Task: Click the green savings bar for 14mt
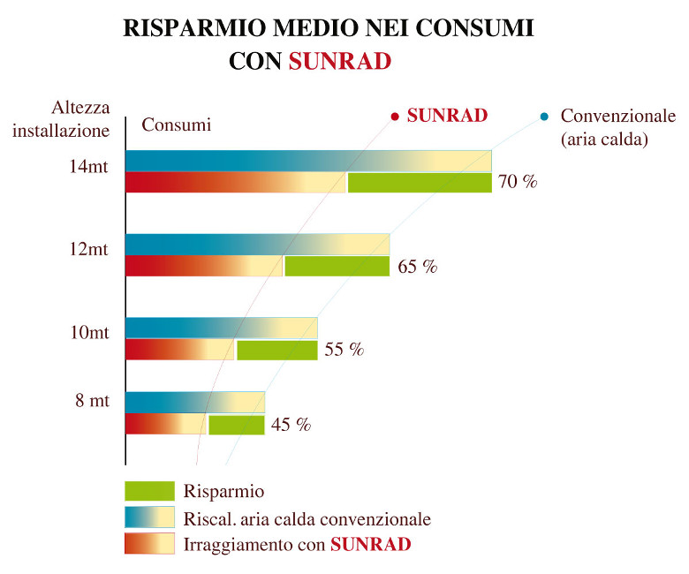[x=420, y=183]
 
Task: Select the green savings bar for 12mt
[x=337, y=266]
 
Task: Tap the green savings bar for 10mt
[x=277, y=350]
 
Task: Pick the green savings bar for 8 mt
[x=237, y=425]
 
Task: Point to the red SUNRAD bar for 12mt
[x=203, y=266]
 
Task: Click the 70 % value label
[x=518, y=183]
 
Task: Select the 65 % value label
[x=418, y=267]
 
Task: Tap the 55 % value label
[x=344, y=350]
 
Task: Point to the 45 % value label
[x=291, y=425]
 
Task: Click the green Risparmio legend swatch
[x=149, y=491]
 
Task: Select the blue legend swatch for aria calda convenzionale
[x=149, y=517]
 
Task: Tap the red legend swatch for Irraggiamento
[x=149, y=543]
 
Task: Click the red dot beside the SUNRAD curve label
[x=395, y=116]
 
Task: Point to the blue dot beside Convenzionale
[x=544, y=117]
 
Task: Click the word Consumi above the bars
[x=177, y=125]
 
